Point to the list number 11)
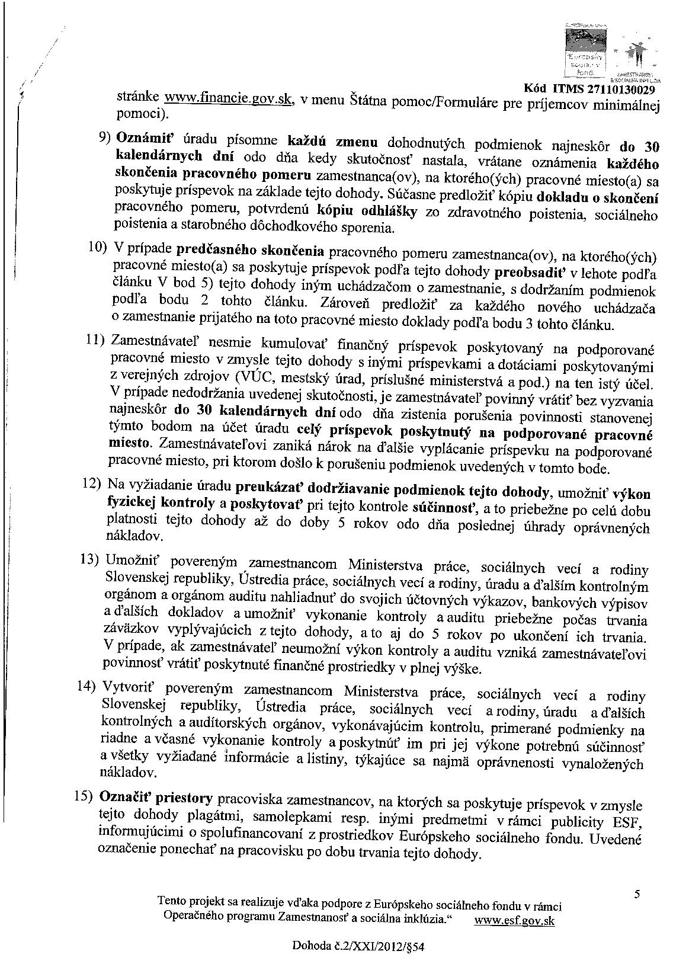(95, 340)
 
